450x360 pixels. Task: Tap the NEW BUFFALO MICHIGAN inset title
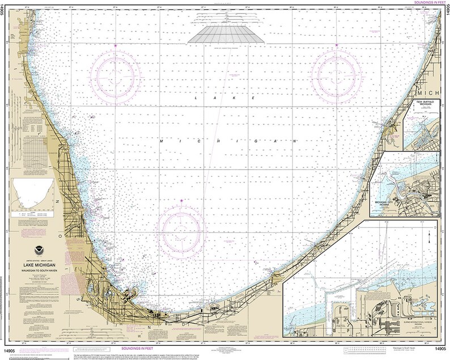pos(424,104)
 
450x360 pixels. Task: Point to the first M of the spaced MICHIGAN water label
pos(162,139)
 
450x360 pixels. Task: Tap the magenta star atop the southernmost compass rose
pos(181,201)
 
